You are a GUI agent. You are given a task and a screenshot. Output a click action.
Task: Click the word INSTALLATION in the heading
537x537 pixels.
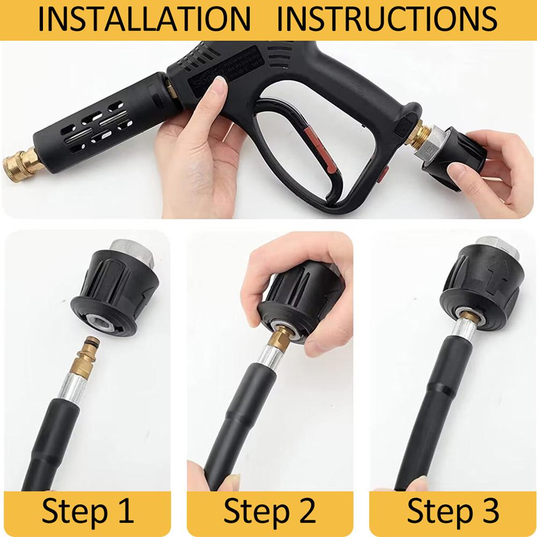point(144,19)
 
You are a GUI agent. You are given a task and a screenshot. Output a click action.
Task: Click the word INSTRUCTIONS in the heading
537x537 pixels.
point(387,19)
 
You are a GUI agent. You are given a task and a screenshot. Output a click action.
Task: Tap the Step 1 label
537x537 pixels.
point(87,511)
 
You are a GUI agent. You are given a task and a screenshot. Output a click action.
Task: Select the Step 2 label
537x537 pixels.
point(269,511)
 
